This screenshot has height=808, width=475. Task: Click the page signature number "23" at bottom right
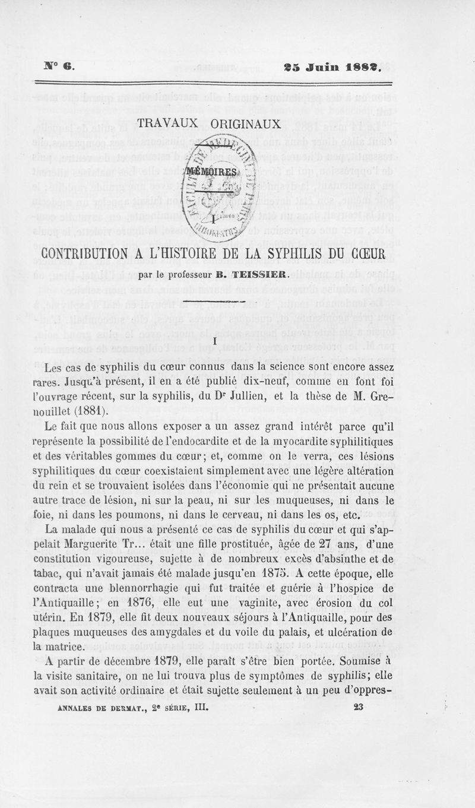(358, 706)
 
